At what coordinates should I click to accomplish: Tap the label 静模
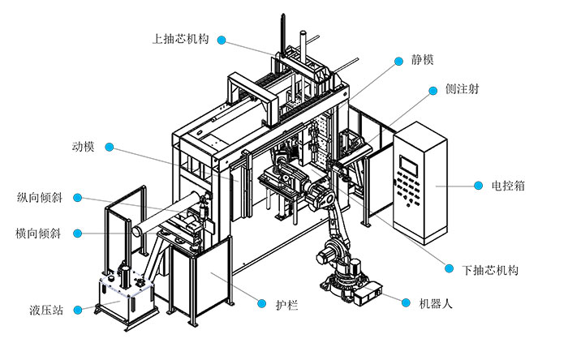423,60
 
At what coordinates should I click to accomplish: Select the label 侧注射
462,90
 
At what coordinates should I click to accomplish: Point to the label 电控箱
509,186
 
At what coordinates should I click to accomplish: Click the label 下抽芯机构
489,269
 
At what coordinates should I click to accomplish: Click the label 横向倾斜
40,234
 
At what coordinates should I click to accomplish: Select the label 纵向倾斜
40,197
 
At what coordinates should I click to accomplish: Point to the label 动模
83,148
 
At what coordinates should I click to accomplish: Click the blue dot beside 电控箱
475,186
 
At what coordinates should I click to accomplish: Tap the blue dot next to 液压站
78,309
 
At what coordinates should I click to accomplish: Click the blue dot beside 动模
111,148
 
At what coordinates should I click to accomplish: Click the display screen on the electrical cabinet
407,161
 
